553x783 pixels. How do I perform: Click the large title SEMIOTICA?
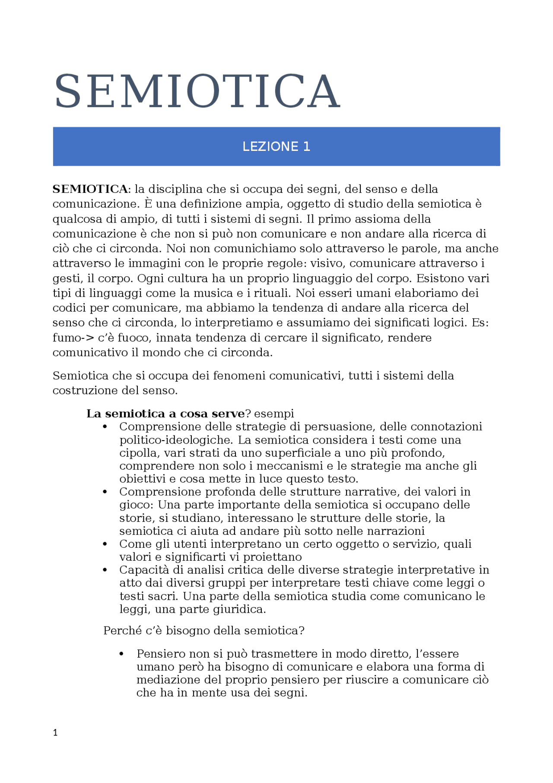coord(197,92)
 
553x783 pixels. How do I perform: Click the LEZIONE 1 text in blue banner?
coord(276,147)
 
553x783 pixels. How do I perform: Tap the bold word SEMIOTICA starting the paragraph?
coord(90,189)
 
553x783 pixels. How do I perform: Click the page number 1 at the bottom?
coord(55,732)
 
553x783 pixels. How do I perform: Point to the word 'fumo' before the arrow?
coord(67,338)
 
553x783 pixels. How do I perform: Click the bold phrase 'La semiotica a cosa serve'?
coord(165,414)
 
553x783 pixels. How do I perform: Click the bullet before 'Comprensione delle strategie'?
coord(105,427)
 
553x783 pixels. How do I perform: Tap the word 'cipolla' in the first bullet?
coord(138,453)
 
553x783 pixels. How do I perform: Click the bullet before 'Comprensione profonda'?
coord(105,492)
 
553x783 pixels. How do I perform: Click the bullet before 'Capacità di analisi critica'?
coord(105,570)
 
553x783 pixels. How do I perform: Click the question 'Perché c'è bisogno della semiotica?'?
coord(203,631)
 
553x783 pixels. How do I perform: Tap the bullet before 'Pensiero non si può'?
coord(122,654)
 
